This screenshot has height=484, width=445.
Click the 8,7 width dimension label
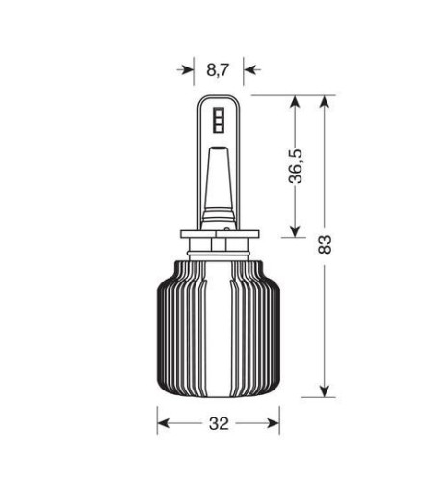219,69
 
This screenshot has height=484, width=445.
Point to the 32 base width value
219,423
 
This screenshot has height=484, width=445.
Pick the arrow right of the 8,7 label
250,69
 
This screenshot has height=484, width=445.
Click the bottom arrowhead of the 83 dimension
326,390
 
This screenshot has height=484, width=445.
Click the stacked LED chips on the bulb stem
218,120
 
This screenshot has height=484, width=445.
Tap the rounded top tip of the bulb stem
219,98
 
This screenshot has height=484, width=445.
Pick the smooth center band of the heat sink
219,328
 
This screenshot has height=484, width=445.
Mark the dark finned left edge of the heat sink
166,328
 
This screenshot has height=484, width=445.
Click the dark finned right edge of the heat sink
272,328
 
